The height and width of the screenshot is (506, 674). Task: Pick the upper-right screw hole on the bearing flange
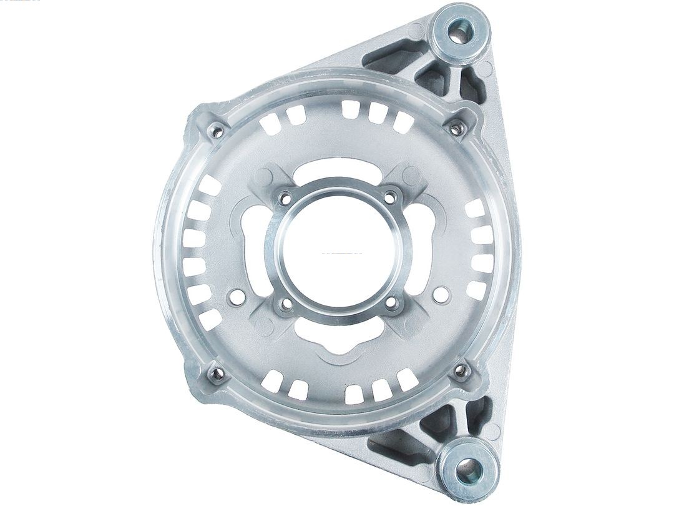click(x=391, y=197)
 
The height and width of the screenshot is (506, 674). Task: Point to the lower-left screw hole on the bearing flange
click(x=285, y=304)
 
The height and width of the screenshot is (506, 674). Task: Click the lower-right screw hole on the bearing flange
click(x=391, y=304)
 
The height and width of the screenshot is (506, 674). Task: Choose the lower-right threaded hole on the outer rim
click(x=461, y=371)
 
